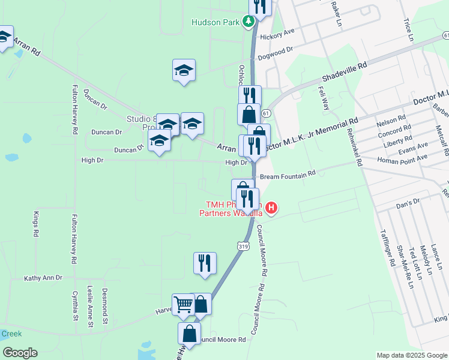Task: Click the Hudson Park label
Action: click(x=215, y=23)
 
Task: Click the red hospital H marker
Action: click(x=271, y=208)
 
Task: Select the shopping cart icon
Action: click(x=183, y=304)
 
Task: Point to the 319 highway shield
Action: click(x=243, y=246)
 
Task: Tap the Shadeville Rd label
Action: click(x=344, y=72)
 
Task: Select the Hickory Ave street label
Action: click(x=278, y=35)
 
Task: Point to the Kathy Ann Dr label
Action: click(x=43, y=278)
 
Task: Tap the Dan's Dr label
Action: click(x=407, y=205)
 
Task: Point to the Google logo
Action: click(x=20, y=353)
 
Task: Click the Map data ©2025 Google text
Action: click(x=412, y=355)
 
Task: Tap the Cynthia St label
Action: click(x=75, y=306)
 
